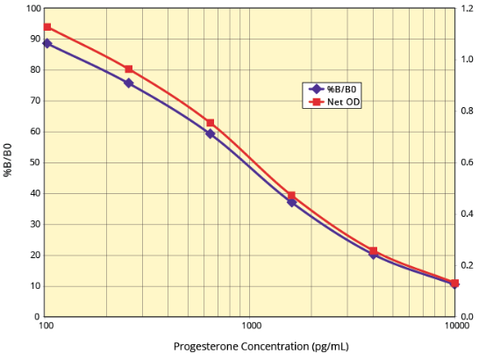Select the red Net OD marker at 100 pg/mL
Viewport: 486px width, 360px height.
[47, 27]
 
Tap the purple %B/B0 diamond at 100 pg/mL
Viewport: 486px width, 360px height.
[47, 43]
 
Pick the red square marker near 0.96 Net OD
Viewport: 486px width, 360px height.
[129, 69]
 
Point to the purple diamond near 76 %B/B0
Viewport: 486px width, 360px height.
[129, 83]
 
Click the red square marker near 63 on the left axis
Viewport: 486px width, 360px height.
[211, 123]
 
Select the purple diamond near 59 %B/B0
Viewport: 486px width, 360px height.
[211, 133]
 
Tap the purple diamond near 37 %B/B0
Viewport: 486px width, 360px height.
[292, 202]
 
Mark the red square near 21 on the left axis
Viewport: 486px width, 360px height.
[374, 251]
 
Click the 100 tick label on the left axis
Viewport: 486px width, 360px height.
[33, 9]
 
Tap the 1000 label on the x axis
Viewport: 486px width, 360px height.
[251, 326]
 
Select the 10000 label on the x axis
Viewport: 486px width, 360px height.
[454, 326]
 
